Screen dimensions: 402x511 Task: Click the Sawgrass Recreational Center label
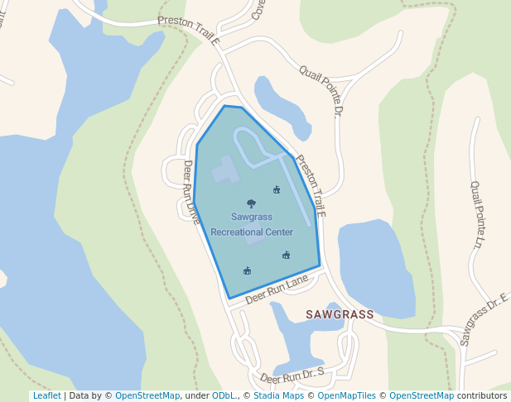[x=251, y=224]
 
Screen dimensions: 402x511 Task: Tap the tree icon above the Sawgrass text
[x=251, y=203]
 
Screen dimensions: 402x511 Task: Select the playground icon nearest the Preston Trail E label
[x=277, y=189]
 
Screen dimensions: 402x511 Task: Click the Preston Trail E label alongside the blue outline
[x=311, y=186]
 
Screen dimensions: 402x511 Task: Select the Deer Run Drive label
[x=191, y=192]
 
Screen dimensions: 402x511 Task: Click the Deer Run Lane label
[x=276, y=290]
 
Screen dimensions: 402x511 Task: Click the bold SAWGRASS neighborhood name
[x=340, y=315]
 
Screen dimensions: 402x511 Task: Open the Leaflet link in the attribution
[x=46, y=396]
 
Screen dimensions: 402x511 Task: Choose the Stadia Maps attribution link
[x=276, y=396]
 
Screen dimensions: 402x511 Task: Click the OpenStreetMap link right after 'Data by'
[x=147, y=396]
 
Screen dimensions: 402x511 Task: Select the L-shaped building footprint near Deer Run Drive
[x=224, y=171]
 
